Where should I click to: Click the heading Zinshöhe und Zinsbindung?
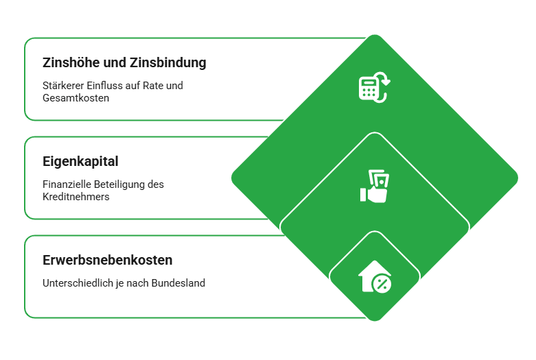124,63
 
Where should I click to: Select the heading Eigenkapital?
80,162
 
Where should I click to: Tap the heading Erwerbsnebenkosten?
107,261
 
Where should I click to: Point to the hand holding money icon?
374,187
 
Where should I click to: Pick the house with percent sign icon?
375,278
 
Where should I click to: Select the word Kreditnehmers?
75,197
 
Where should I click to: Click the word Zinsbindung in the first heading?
167,63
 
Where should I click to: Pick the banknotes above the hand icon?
378,180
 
